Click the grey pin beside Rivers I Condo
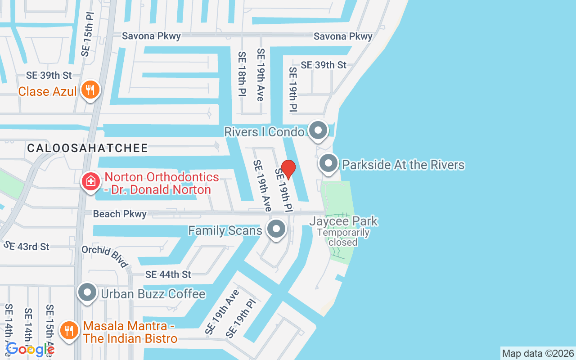[319, 130]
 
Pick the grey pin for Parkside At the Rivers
[328, 164]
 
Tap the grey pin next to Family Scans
[276, 229]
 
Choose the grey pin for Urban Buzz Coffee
[87, 293]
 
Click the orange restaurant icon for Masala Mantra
[68, 331]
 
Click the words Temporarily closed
[343, 238]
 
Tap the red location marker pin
[288, 169]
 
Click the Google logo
[30, 349]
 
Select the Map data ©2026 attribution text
[538, 353]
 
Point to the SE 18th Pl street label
[242, 74]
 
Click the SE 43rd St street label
[27, 246]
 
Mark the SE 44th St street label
[168, 274]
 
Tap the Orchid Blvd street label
[105, 256]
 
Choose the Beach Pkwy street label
[120, 214]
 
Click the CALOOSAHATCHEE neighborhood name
[87, 148]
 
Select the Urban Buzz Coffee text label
[153, 294]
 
